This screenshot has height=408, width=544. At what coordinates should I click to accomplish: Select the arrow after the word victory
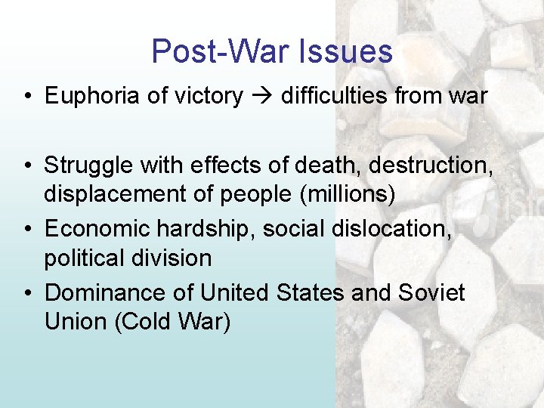click(262, 97)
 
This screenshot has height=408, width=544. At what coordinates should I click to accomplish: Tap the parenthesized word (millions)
click(348, 194)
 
